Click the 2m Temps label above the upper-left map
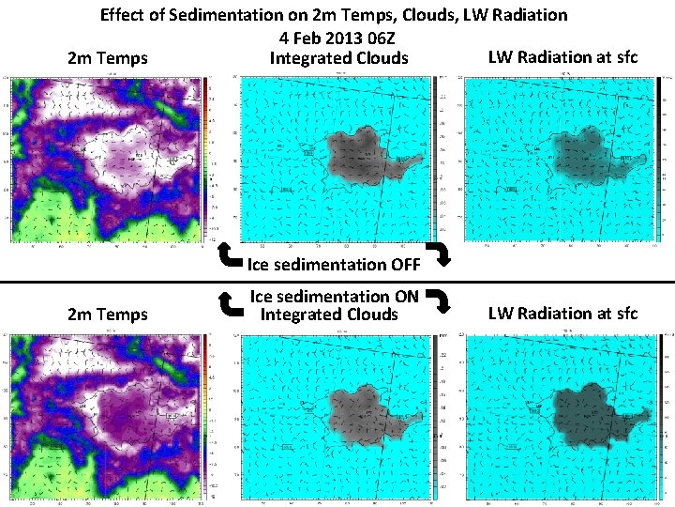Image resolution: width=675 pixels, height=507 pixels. pyautogui.click(x=108, y=58)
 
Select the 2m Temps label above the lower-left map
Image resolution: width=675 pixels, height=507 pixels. pyautogui.click(x=108, y=315)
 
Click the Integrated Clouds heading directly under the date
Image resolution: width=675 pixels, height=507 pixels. pyautogui.click(x=338, y=58)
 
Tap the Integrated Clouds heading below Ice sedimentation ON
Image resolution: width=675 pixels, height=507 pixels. pyautogui.click(x=329, y=315)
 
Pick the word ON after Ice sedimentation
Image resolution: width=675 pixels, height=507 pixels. pyautogui.click(x=406, y=297)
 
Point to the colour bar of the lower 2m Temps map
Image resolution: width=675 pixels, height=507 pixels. pyautogui.click(x=206, y=413)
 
